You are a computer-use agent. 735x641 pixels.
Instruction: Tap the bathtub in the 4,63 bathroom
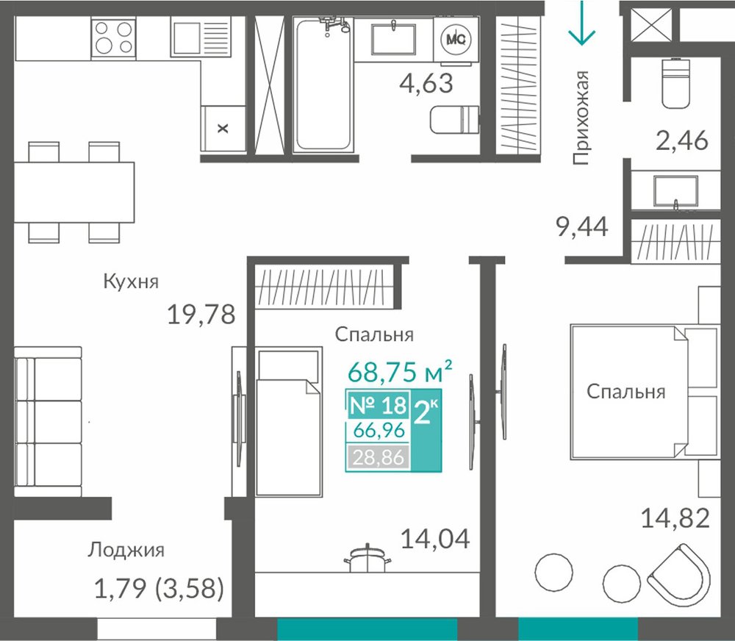[323, 85]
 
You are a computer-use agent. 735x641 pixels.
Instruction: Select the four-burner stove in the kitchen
[113, 37]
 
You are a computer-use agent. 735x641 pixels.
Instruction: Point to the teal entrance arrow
[581, 23]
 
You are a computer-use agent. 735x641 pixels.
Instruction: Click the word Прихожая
[581, 118]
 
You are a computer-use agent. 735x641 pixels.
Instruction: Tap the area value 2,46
[681, 140]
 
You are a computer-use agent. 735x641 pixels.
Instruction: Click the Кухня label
[131, 282]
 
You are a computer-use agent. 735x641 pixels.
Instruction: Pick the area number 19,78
[201, 314]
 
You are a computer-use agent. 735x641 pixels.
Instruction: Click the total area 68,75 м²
[400, 371]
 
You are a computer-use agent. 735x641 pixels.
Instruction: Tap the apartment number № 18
[378, 405]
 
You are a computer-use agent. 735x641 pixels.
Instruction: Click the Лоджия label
[126, 550]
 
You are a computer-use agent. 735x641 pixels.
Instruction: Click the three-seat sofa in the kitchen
[48, 421]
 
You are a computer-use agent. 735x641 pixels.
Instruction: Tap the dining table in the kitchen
[74, 193]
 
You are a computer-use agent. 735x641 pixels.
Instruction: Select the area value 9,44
[582, 227]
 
